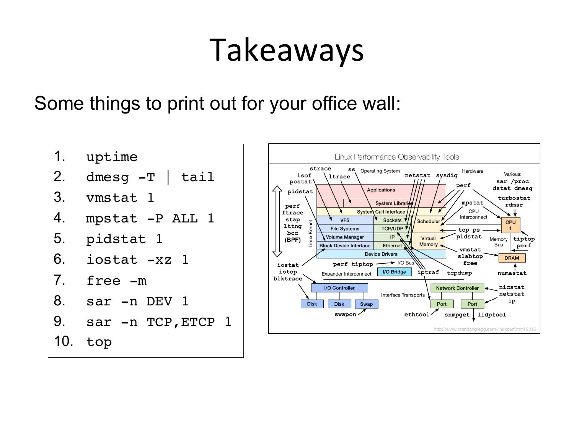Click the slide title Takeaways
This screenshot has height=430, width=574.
287,50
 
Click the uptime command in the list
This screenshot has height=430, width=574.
112,157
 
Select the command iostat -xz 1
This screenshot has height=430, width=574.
137,260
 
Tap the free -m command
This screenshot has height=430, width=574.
116,281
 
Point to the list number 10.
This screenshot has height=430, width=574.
63,341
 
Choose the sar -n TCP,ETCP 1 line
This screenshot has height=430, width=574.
158,322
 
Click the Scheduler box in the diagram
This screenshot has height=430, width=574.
428,221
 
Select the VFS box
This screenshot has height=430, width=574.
345,220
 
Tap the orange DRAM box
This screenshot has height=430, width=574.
512,258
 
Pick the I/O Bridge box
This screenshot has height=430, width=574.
394,272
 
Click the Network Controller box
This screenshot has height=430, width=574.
457,288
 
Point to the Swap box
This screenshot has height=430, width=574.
366,304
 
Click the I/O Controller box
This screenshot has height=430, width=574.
339,288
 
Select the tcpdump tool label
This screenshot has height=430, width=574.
459,273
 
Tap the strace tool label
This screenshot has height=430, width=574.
320,169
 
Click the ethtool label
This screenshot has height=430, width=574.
417,315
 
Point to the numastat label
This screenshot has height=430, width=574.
512,273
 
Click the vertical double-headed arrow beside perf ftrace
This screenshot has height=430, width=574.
277,221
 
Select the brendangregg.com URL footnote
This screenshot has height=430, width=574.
484,329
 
